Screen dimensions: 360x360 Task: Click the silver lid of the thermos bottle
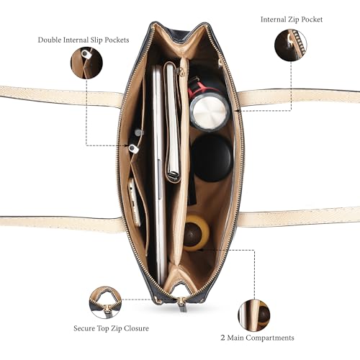coord(209,112)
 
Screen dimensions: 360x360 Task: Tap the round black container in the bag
coord(212,158)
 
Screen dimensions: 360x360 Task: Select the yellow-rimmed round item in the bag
coord(196,233)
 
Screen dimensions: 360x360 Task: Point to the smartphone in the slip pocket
coord(135,202)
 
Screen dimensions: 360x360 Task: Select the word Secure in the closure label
coord(84,328)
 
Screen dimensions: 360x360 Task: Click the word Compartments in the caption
coord(270,338)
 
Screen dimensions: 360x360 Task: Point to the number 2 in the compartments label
coord(223,338)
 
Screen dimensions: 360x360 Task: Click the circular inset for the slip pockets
coord(86,63)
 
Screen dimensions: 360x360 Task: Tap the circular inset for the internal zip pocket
coord(291,45)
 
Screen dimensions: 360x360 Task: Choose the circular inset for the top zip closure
coord(105,302)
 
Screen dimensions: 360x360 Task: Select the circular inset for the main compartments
coord(254,315)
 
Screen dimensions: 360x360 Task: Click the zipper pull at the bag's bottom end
coord(181,305)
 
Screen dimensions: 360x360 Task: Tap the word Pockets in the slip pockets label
coord(117,40)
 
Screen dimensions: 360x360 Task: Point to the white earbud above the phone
coord(133,148)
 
